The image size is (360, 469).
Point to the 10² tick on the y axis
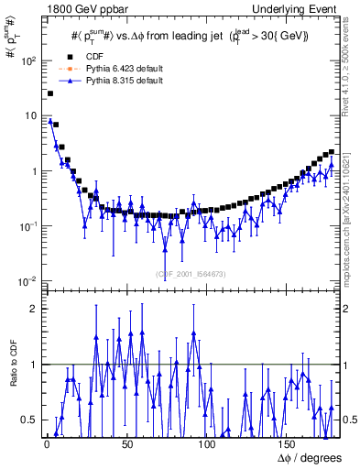click(x=28, y=60)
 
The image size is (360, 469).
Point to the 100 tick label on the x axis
click(x=206, y=443)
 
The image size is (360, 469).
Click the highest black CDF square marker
click(x=50, y=93)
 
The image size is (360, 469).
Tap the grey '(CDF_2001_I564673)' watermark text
click(x=193, y=273)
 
